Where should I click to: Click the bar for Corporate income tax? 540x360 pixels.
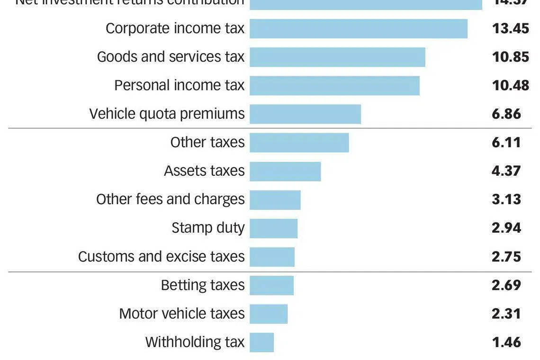coord(359,28)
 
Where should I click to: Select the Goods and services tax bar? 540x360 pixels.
coord(337,57)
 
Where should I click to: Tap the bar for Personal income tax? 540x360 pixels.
coord(334,85)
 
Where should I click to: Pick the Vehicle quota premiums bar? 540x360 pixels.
coord(305,114)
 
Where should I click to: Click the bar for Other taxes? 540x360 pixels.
coord(299,143)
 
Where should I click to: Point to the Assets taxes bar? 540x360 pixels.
coord(285,171)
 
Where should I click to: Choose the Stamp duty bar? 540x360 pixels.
coord(274,228)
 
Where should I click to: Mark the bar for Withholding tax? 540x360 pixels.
coord(262,342)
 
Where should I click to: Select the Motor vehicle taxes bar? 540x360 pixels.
coord(269,314)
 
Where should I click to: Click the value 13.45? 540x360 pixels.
coord(510,28)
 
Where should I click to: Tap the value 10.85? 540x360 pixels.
coord(510,57)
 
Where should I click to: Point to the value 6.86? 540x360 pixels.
coord(506,114)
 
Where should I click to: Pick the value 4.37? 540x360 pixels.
coord(506,171)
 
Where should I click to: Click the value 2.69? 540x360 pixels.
coord(506,285)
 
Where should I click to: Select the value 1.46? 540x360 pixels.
coord(506,342)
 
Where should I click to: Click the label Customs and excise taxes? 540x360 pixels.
coord(161,257)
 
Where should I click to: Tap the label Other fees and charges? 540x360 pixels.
coord(170,199)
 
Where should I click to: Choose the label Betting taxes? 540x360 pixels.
coord(203,285)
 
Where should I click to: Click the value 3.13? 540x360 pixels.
coord(506,199)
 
